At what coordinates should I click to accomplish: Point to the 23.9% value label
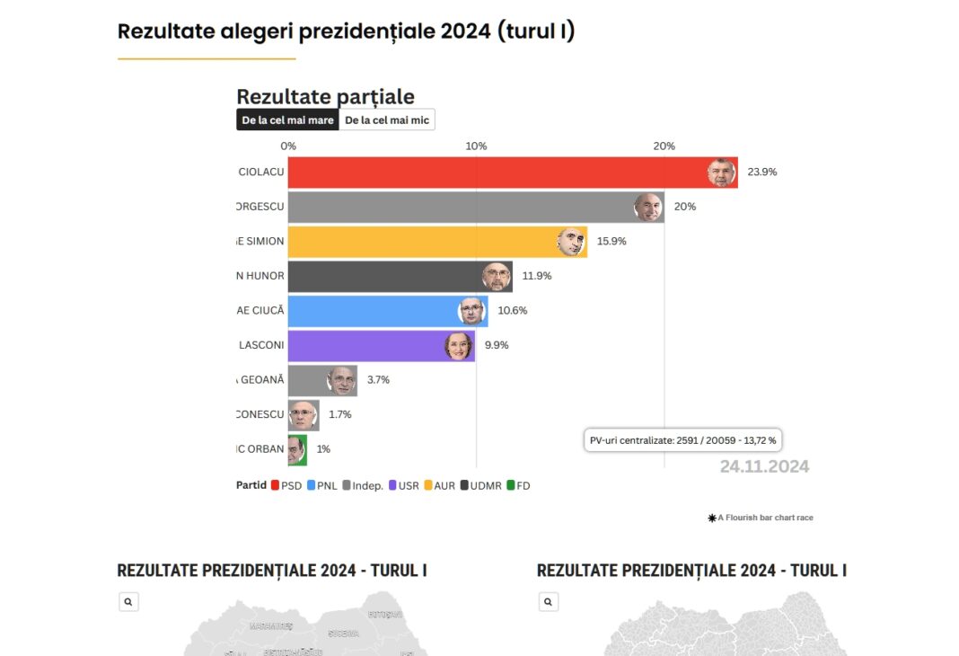point(762,172)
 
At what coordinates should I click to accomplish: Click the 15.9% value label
point(611,242)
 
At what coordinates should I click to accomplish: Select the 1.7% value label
point(340,415)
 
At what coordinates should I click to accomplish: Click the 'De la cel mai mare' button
point(287,120)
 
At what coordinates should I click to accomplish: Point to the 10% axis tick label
point(476,146)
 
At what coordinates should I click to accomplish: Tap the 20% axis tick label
point(664,146)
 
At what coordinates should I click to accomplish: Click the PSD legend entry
point(286,485)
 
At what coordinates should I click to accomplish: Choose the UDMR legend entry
point(480,485)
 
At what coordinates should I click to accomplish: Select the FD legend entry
point(518,485)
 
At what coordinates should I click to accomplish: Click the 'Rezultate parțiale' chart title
point(325,97)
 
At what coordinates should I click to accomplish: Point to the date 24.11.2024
point(764,466)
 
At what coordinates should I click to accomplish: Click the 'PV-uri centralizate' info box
point(682,440)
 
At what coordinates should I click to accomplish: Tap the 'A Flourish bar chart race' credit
point(761,518)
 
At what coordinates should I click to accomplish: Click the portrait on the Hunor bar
point(496,276)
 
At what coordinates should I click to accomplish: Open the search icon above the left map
point(128,602)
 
